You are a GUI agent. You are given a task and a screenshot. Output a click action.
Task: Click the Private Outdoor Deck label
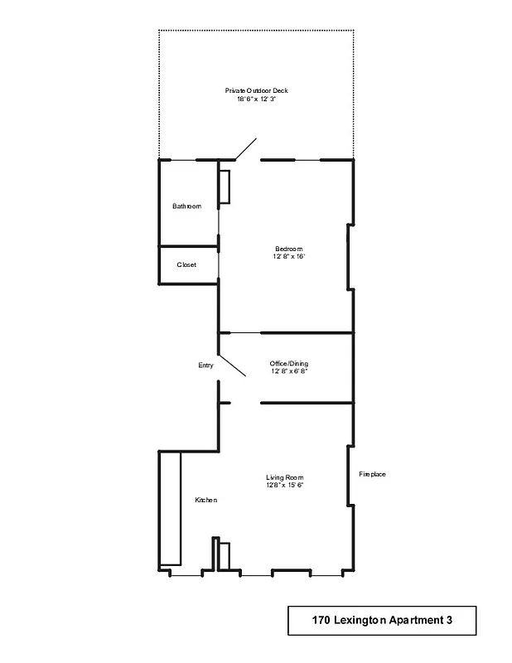[x=256, y=90]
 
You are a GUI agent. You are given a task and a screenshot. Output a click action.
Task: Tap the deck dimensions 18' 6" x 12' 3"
[x=256, y=99]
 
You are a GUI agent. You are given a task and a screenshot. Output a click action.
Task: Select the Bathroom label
[x=186, y=206]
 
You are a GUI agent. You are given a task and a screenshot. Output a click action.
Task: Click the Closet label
[x=186, y=265]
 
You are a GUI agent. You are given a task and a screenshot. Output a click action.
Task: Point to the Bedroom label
[x=289, y=249]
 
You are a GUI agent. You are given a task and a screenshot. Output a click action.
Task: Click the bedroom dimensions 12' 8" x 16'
[x=289, y=257]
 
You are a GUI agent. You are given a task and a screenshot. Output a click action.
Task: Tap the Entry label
[x=205, y=365]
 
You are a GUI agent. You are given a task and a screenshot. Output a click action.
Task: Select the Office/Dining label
[x=289, y=364]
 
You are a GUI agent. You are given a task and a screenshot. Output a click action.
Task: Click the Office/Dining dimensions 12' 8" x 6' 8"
[x=289, y=371]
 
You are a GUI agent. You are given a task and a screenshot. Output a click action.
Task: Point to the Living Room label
[x=285, y=477]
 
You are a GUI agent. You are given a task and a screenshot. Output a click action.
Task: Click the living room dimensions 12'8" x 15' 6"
[x=285, y=485]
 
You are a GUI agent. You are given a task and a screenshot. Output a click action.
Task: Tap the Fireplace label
[x=372, y=475]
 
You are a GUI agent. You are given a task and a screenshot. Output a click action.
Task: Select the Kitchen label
[x=205, y=500]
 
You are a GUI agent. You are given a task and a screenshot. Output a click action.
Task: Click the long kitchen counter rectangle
[x=170, y=508]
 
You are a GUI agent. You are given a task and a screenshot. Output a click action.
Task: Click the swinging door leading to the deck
[x=245, y=149]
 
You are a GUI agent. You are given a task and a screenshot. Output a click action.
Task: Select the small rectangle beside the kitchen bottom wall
[x=223, y=555]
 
